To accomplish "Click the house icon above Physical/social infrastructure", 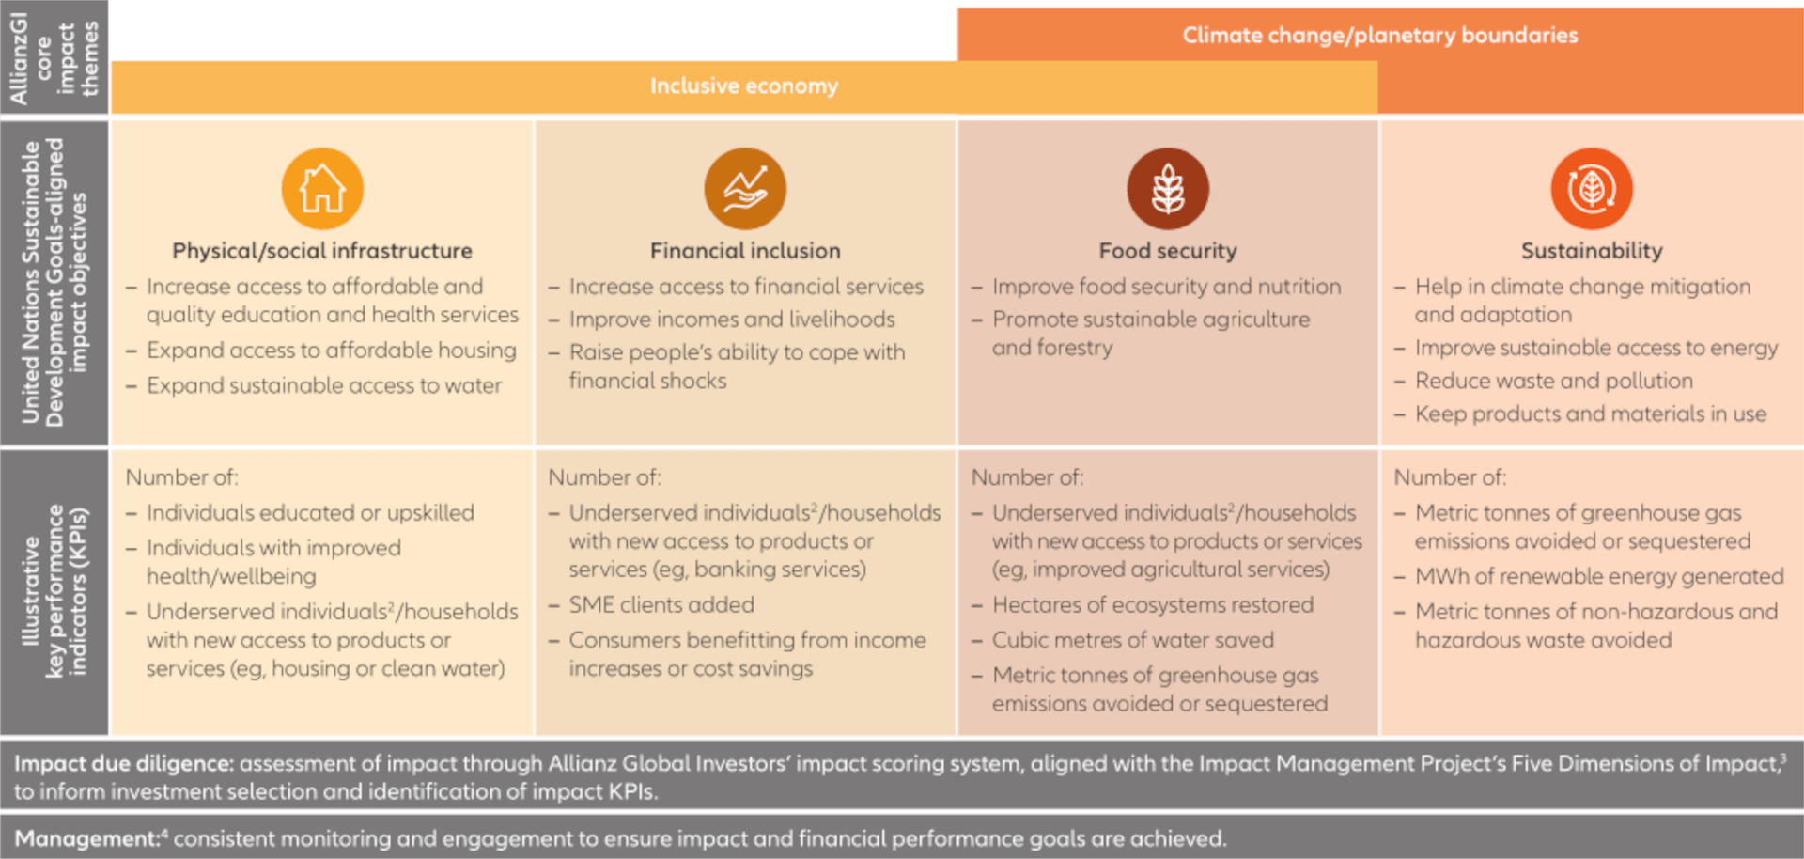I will click(322, 189).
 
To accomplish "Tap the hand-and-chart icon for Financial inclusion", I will click(745, 189).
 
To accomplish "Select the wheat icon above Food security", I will click(1168, 189).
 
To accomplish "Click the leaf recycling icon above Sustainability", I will click(1592, 189).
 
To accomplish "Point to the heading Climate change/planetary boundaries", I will click(1379, 36).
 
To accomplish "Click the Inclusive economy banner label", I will click(743, 86).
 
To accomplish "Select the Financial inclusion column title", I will click(745, 251).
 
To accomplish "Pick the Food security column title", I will click(1168, 251).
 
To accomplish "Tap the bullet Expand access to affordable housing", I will click(331, 351).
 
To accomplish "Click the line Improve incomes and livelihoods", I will click(731, 320).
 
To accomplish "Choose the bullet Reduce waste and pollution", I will click(1553, 381).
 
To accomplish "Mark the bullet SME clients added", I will click(661, 605).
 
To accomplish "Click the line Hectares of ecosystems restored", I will click(1153, 605).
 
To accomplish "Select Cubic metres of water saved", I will click(1133, 640).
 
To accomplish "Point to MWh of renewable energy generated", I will click(1599, 576).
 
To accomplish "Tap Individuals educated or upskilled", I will click(310, 513).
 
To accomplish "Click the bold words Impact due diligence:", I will click(124, 763).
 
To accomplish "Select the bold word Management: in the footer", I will click(87, 838).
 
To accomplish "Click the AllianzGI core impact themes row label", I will click(54, 57).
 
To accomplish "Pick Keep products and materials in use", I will click(1590, 414).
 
